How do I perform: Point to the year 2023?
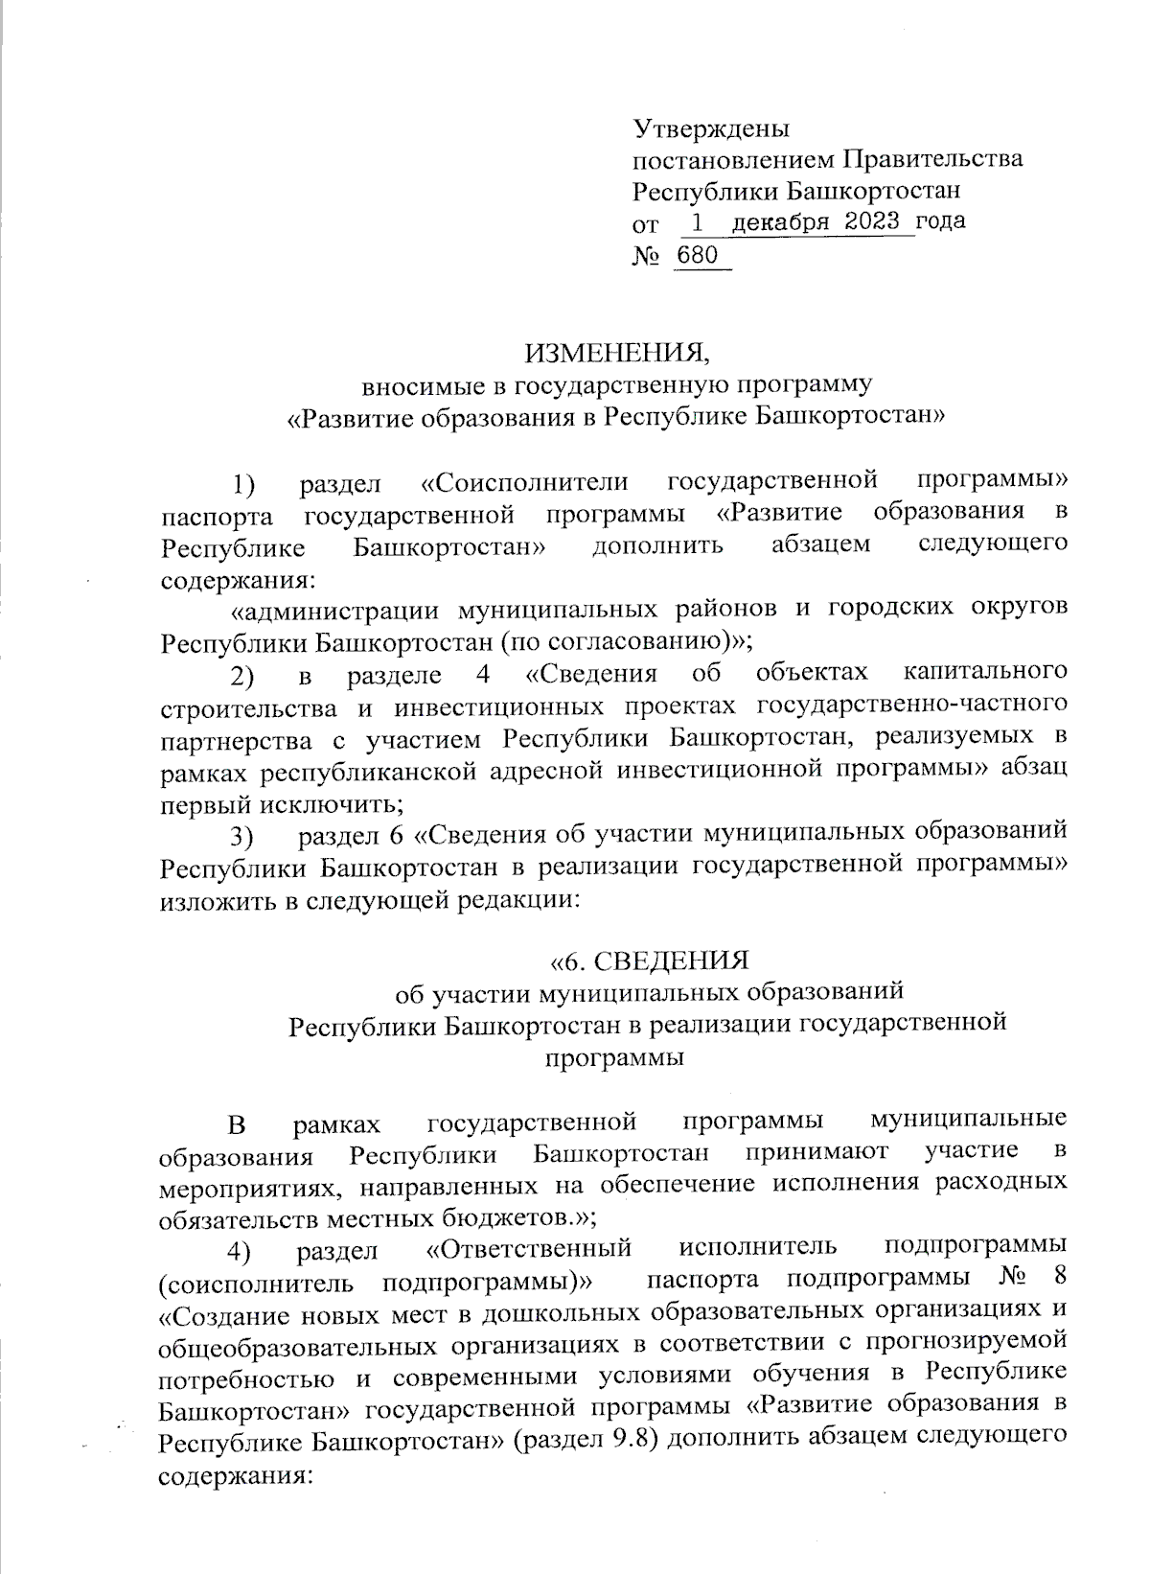tap(873, 222)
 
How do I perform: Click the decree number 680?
tap(698, 255)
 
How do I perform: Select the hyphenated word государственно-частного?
tap(911, 706)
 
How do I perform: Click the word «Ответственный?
tap(528, 1249)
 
